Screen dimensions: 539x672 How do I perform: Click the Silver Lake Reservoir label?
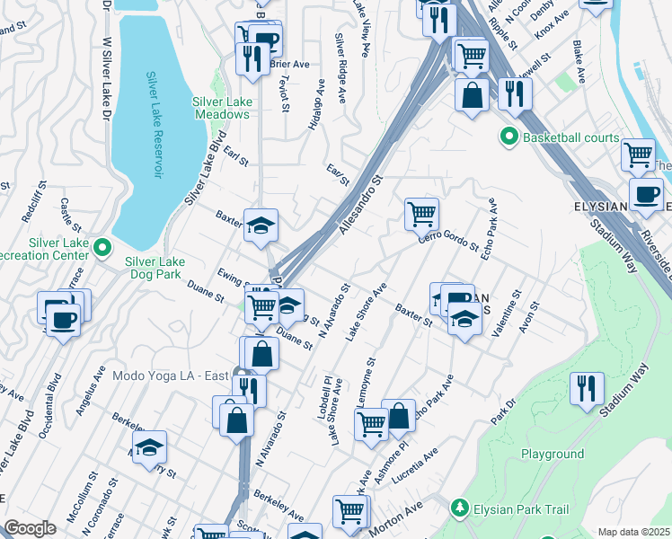pyautogui.click(x=156, y=125)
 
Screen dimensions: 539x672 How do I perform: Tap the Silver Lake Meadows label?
pyautogui.click(x=222, y=109)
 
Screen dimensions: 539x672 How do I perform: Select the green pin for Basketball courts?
pyautogui.click(x=509, y=137)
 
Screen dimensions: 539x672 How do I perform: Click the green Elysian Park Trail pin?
pyautogui.click(x=460, y=509)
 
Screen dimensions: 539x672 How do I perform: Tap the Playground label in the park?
pyautogui.click(x=553, y=454)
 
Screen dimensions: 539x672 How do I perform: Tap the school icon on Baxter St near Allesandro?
pyautogui.click(x=261, y=225)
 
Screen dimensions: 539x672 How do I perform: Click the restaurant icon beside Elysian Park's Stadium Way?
pyautogui.click(x=587, y=388)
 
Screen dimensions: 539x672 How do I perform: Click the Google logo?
pyautogui.click(x=31, y=528)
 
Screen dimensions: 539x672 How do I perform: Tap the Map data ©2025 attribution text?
pyautogui.click(x=634, y=532)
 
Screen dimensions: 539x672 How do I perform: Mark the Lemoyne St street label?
pyautogui.click(x=367, y=381)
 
